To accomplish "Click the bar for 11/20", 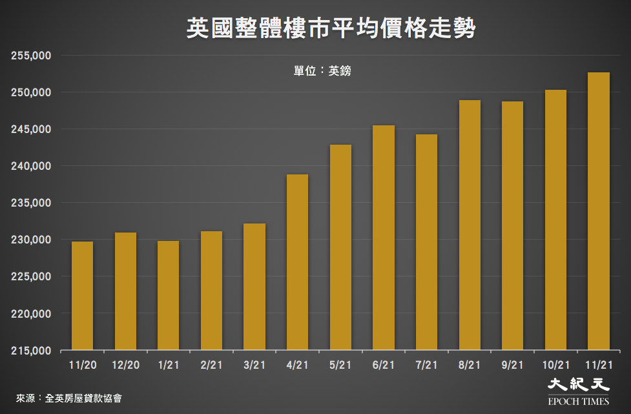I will coord(82,296).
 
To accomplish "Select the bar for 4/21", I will coord(297,262).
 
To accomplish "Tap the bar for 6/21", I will coord(384,238).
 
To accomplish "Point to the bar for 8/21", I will coord(470,225).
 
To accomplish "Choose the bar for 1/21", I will coord(169,296).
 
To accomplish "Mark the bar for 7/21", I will coord(426,242).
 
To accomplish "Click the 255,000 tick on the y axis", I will coord(31,56).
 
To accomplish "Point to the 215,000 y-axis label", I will coord(31,351).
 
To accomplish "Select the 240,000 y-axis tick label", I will coord(31,166).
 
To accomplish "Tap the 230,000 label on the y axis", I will coord(31,240).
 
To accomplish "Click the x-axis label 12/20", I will coord(125,366).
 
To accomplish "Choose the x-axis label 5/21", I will coord(340,366).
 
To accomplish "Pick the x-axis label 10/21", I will coord(555,366).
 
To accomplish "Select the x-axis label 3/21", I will coord(254,366).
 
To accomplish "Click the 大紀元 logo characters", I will coord(578,385).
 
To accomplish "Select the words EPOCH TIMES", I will coord(578,401).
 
